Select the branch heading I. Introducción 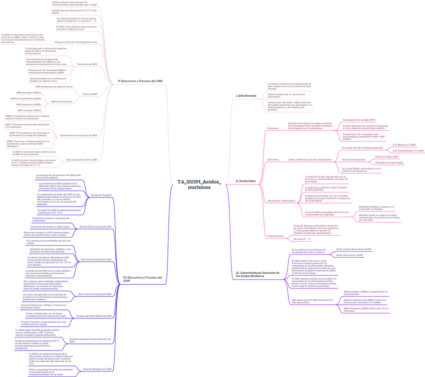246,95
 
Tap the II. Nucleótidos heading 246,180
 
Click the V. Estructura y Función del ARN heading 140,81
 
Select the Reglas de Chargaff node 101,195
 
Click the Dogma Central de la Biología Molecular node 76,42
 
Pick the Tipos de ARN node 90,94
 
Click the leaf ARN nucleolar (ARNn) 29,110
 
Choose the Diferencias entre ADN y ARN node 82,159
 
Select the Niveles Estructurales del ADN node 96,227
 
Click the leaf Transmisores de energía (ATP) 355,120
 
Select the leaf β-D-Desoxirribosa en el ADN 407,150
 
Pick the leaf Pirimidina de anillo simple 389,163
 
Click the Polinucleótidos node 275,236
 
